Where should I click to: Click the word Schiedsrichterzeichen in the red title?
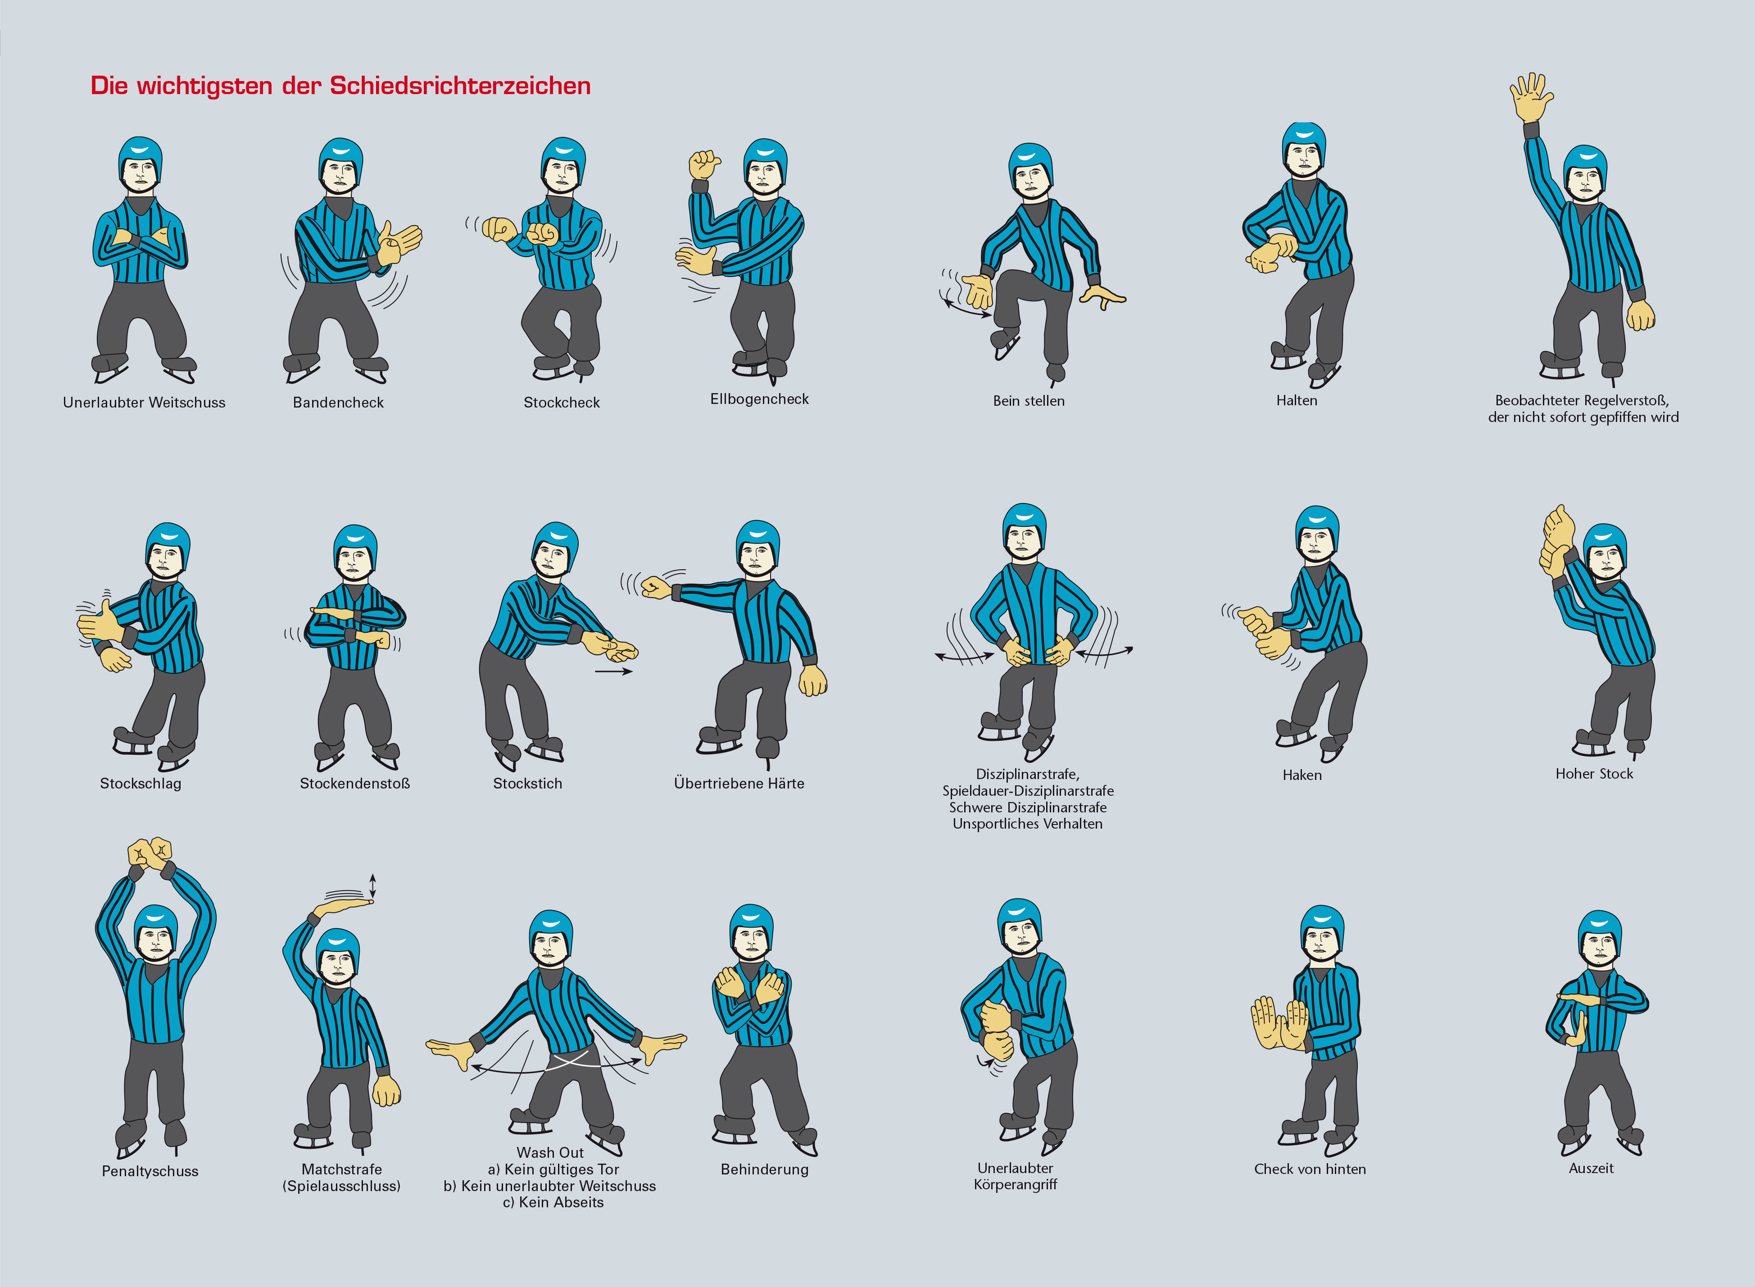click(460, 85)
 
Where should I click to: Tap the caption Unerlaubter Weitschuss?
click(144, 402)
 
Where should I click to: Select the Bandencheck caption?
click(338, 402)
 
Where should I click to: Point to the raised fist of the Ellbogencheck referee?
click(704, 164)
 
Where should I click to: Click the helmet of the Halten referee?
click(1304, 140)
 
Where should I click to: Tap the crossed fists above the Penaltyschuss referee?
click(150, 855)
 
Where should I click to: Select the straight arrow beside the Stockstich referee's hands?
click(614, 671)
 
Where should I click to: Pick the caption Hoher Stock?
click(1594, 774)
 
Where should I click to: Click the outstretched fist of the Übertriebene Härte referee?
click(655, 587)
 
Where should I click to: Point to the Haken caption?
click(1302, 775)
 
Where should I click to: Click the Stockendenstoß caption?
click(354, 783)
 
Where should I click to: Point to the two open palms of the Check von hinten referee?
click(1280, 1022)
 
